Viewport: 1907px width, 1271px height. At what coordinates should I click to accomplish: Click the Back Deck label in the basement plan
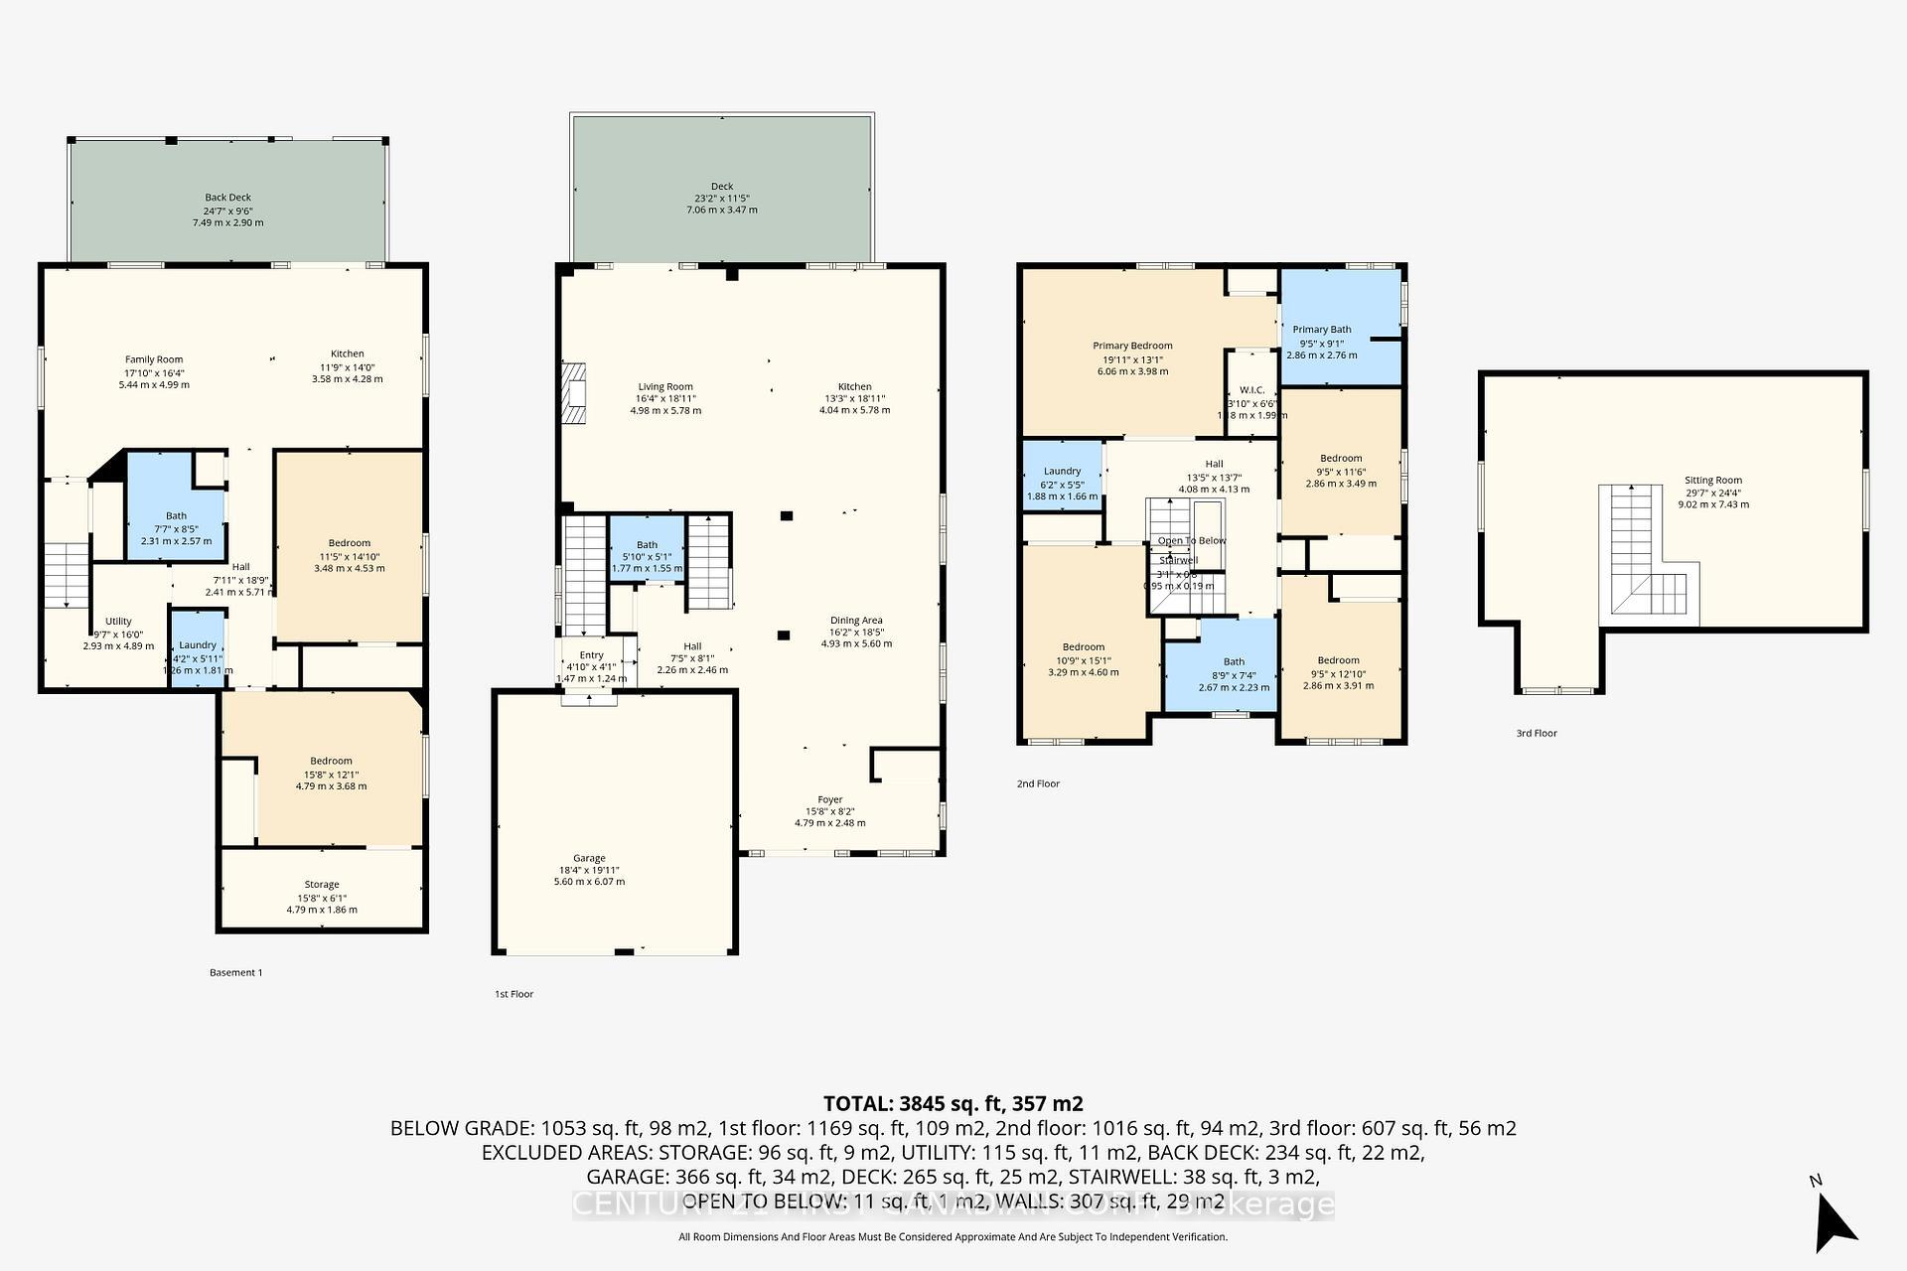click(x=228, y=198)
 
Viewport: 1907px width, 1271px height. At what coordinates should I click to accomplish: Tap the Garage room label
click(x=589, y=858)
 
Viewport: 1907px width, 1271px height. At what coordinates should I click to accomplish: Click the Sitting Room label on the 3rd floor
click(x=1713, y=481)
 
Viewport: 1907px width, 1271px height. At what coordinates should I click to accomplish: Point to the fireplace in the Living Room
click(x=574, y=393)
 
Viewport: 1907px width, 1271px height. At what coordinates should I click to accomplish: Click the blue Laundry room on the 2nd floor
click(x=1062, y=477)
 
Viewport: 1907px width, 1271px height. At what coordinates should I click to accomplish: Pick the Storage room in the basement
click(x=322, y=890)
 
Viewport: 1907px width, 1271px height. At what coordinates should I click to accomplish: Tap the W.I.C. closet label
click(x=1250, y=390)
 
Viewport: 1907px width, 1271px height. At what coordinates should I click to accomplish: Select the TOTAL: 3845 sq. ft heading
click(x=953, y=1103)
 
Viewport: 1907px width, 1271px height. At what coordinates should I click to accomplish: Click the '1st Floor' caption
click(x=513, y=994)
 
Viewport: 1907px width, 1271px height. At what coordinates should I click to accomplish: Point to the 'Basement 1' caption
click(x=236, y=973)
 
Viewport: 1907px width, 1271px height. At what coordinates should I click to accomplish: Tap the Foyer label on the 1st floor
click(x=829, y=799)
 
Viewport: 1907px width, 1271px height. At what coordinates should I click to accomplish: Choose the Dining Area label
click(x=856, y=621)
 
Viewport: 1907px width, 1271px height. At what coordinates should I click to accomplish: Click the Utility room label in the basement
click(x=118, y=622)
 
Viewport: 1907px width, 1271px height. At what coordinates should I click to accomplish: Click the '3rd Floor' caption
click(x=1536, y=734)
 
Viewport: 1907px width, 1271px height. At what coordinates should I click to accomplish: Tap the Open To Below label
click(x=1191, y=541)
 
